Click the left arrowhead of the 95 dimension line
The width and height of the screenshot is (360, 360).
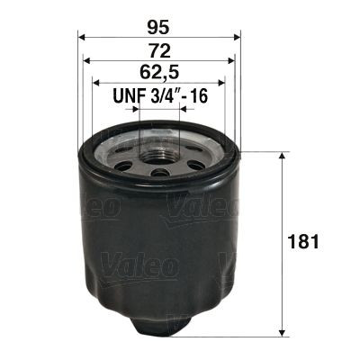tap(82, 37)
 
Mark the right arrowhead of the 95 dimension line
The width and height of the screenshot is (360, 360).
tap(239, 37)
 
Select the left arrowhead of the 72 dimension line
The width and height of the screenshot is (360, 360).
tap(87, 61)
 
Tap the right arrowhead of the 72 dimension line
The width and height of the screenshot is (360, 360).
tap(233, 61)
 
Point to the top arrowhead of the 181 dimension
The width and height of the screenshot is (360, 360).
tap(284, 156)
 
